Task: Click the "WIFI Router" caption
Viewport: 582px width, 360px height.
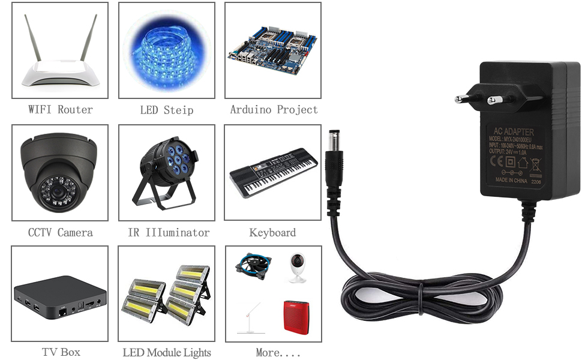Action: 60,110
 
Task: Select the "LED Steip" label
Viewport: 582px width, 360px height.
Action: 166,110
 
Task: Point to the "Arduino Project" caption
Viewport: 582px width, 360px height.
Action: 274,110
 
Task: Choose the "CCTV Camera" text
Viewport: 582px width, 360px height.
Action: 60,232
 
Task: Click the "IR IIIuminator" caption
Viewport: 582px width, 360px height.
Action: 169,232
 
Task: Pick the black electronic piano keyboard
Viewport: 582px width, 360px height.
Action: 273,171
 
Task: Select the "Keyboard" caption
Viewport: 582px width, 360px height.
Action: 272,232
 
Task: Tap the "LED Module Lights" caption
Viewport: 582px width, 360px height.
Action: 167,352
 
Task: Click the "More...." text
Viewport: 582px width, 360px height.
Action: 277,352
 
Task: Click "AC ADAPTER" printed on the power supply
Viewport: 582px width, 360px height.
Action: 513,132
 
